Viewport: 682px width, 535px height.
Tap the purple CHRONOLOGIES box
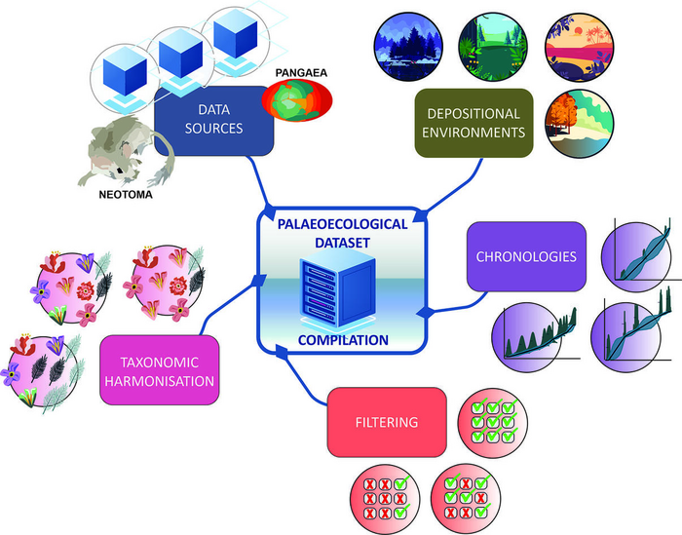point(526,256)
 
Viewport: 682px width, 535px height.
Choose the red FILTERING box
point(387,421)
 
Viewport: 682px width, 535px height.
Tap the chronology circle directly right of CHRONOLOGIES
point(637,254)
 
